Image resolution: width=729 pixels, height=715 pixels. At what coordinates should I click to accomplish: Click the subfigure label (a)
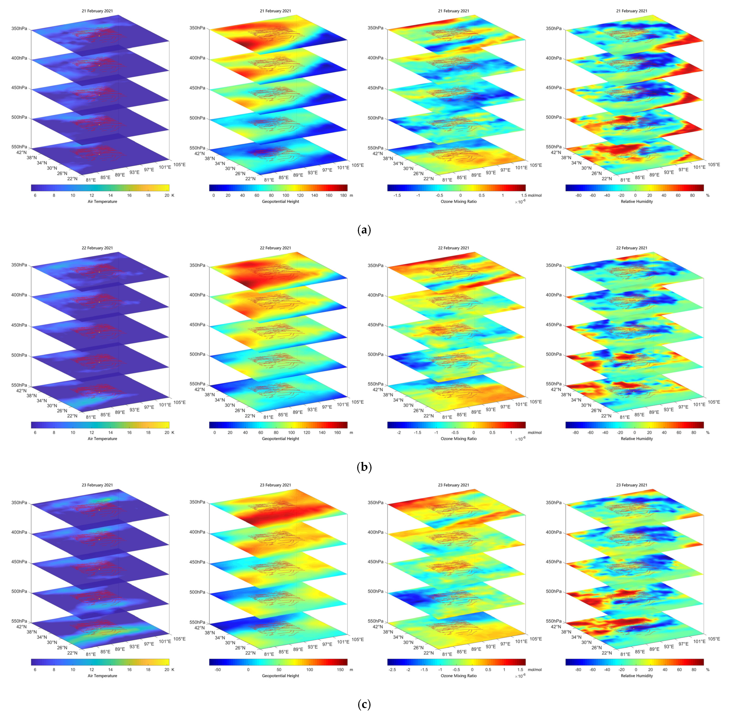(364, 230)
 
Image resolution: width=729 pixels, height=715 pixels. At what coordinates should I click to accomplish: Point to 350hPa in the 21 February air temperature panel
(19, 28)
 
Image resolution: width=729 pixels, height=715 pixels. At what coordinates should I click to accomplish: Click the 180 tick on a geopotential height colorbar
(343, 195)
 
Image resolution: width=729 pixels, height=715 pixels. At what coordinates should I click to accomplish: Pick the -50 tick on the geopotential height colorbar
(218, 670)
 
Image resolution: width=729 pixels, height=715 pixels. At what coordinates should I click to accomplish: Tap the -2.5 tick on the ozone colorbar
(392, 670)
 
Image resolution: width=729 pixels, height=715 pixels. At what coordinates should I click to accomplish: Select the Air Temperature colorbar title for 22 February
(102, 439)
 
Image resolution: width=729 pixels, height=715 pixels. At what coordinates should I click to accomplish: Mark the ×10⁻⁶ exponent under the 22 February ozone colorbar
(520, 439)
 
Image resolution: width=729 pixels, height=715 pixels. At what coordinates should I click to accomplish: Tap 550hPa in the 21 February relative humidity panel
(554, 147)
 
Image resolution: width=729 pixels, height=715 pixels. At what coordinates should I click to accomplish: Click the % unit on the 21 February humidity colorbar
(708, 195)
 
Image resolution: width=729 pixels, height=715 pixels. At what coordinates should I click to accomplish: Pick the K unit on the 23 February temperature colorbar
(173, 670)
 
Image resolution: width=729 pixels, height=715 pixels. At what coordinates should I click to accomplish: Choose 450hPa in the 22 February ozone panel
(375, 325)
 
